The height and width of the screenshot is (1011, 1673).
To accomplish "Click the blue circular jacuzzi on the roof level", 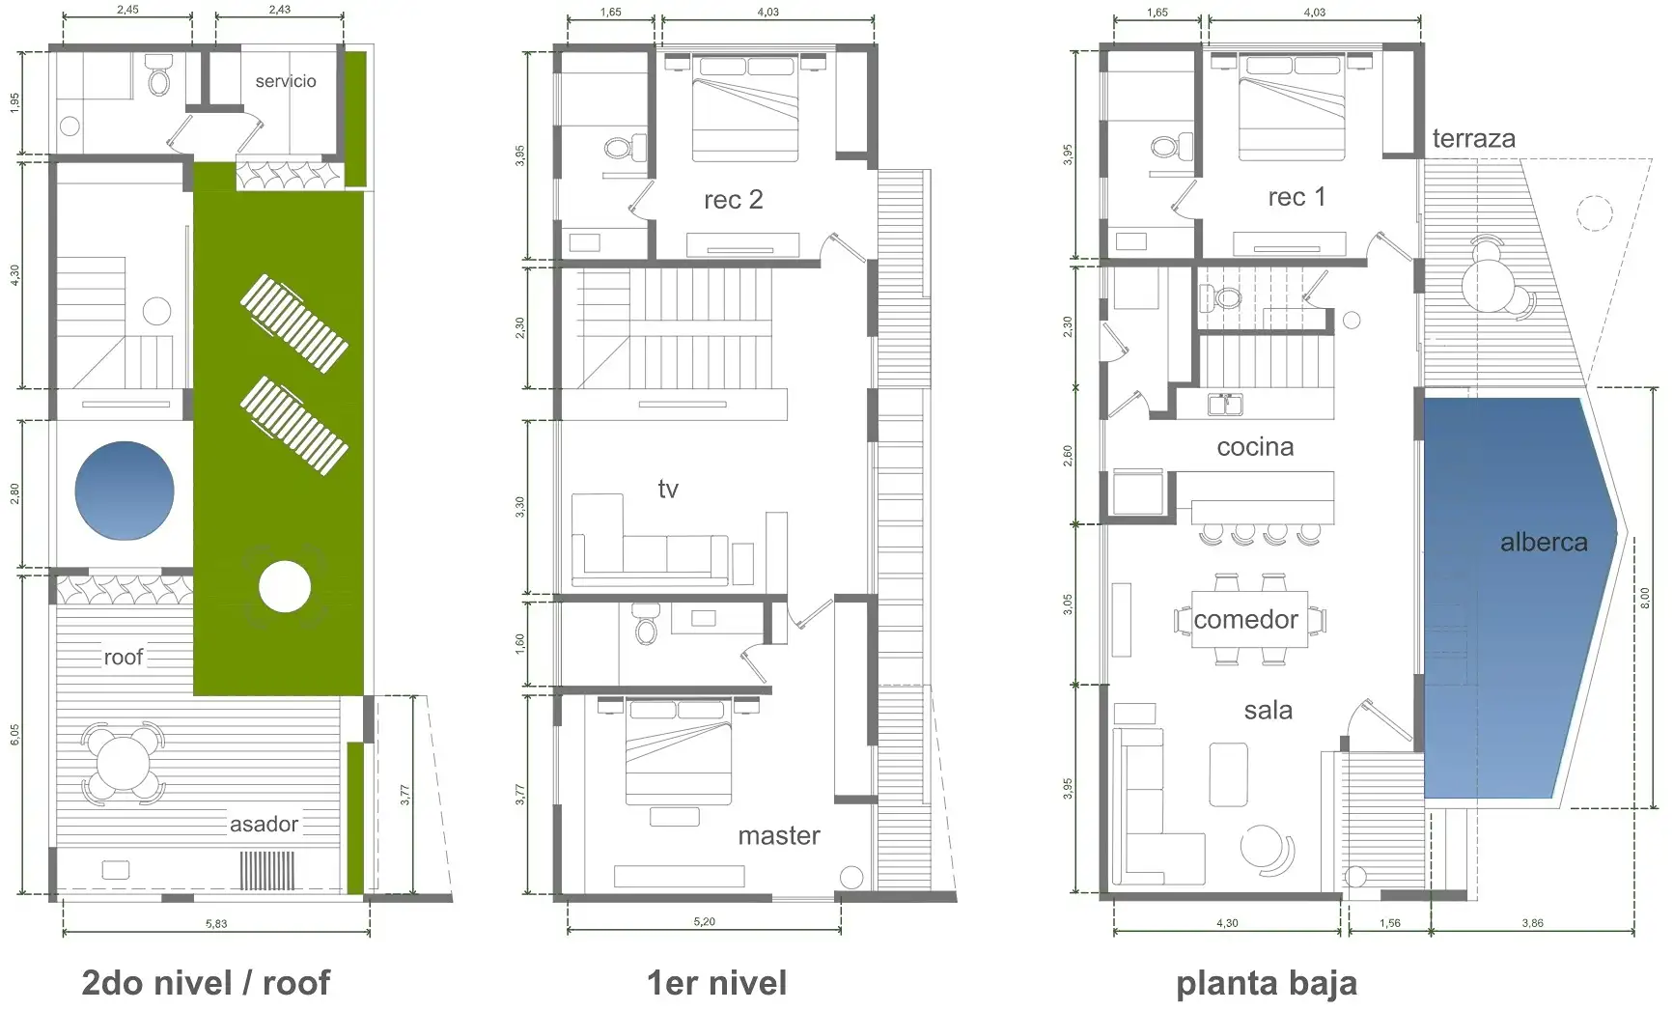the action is click(125, 491).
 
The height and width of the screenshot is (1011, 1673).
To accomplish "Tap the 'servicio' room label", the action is click(286, 81).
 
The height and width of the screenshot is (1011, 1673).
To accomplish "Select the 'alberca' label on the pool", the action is click(1544, 543).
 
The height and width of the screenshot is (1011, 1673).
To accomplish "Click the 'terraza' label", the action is click(1473, 139).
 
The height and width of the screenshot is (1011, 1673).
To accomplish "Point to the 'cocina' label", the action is click(1255, 447).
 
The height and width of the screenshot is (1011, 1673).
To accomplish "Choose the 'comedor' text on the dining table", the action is click(1245, 620).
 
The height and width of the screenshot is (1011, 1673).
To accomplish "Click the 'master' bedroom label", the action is click(779, 836).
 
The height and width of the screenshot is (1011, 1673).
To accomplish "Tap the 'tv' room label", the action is click(668, 490).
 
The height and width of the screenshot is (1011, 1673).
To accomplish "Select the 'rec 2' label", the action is click(734, 200).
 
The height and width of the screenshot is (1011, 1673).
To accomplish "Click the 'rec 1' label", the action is click(1297, 198).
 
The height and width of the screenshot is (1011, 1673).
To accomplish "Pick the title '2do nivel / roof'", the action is click(206, 983).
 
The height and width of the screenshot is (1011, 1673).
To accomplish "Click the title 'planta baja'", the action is click(1267, 984).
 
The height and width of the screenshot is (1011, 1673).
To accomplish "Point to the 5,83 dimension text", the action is click(216, 924).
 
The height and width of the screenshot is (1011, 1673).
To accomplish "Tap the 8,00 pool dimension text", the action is click(1645, 598).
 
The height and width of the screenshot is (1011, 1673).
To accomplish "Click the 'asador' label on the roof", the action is click(264, 825).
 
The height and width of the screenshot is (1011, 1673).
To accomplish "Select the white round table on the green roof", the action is click(285, 587).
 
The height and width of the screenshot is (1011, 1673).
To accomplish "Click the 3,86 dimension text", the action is click(1532, 924).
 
